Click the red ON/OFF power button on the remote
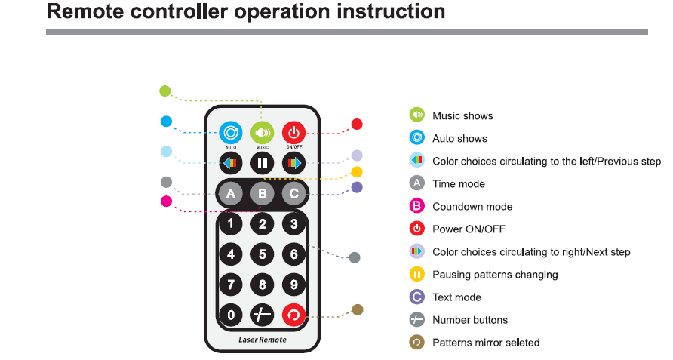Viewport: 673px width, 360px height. [x=293, y=133]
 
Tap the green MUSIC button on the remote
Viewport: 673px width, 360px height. [x=262, y=133]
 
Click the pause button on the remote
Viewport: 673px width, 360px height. [x=262, y=162]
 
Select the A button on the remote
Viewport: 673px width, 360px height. [x=230, y=194]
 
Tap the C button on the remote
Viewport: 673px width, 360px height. [x=293, y=194]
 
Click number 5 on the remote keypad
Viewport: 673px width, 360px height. [x=262, y=254]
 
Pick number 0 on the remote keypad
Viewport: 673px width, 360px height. [x=230, y=315]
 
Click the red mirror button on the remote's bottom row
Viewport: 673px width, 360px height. [x=293, y=315]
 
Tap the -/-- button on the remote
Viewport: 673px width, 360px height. [x=262, y=315]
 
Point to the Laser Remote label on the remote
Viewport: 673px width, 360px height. [x=262, y=340]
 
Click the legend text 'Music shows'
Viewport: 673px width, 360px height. [x=462, y=115]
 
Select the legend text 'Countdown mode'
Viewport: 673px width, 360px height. [x=472, y=207]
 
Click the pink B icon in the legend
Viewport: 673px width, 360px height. [x=416, y=206]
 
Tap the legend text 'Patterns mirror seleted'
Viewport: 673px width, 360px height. [x=486, y=343]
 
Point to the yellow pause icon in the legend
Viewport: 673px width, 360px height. [x=416, y=274]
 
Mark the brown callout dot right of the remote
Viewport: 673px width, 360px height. [x=358, y=309]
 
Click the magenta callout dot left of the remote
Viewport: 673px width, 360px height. [x=167, y=201]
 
